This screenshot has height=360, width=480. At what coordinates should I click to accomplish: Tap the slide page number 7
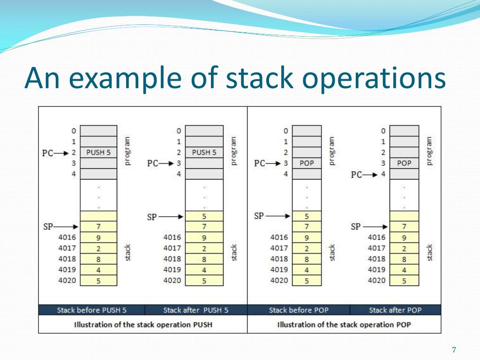pos(453,350)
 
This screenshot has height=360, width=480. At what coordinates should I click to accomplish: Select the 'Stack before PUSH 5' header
pos(91,310)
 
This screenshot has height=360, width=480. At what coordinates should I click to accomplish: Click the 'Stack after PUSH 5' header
pos(196,310)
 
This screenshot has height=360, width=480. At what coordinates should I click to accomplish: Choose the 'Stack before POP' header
pos(299,310)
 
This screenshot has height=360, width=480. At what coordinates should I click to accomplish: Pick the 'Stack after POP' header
pos(395,310)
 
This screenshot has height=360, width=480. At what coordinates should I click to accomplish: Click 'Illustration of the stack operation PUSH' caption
pos(143,324)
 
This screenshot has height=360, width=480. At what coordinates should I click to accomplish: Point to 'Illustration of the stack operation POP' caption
pos(344,324)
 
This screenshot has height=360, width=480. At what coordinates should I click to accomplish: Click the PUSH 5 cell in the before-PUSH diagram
pos(98,152)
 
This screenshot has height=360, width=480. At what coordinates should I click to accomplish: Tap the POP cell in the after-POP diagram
pos(404,163)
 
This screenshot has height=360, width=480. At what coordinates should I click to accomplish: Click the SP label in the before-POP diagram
pos(259,216)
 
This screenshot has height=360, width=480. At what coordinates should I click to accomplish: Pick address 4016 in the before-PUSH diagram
pos(67,238)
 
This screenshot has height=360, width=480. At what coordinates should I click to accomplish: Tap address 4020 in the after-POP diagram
pos(376,281)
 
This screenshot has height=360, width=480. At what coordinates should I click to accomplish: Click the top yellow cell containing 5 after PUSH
pos(204,217)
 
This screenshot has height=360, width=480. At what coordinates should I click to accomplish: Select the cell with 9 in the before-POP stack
pos(307,238)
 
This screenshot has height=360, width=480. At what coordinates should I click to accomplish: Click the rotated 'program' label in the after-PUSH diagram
pos(234,151)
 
